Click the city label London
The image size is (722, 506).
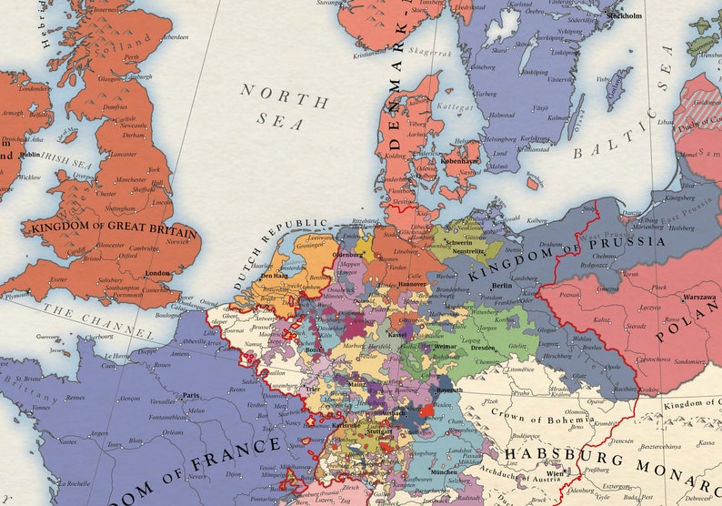(x=158, y=273)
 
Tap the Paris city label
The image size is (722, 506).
(x=190, y=396)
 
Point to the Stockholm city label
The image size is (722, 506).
(x=625, y=15)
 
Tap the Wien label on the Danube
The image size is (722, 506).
(x=555, y=473)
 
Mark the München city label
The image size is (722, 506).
(x=445, y=473)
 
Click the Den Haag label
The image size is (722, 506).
(x=275, y=275)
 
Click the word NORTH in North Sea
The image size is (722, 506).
(x=271, y=95)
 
